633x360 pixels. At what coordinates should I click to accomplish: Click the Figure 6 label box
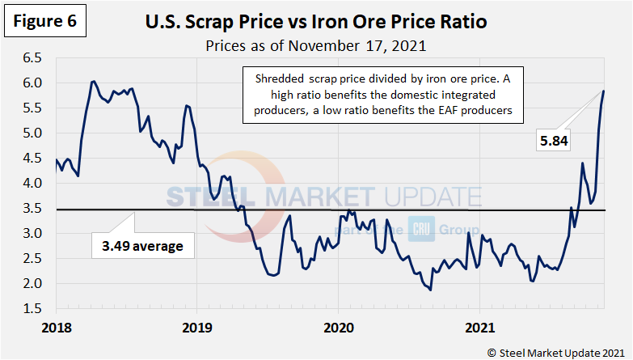coord(45,23)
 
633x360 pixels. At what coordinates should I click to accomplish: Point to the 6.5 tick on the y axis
coord(33,58)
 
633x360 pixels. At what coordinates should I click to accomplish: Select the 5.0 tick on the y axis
coord(33,133)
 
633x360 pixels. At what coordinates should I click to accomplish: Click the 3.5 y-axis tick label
coord(33,209)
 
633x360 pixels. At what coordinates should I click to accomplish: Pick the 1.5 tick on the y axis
coord(33,309)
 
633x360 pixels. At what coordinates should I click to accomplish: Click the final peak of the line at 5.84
coord(603,91)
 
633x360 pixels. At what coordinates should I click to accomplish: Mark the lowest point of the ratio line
coord(430,290)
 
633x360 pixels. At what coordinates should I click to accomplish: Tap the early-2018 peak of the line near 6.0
coord(93,81)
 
